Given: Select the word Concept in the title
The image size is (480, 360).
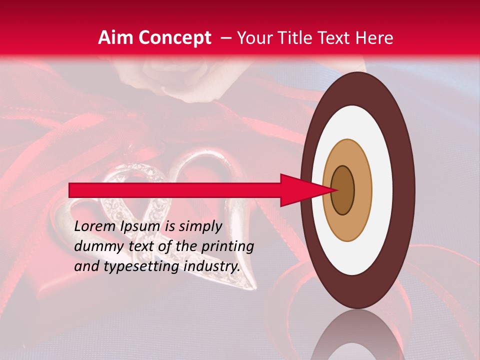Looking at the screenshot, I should pos(173,38).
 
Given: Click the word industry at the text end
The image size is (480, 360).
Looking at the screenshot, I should pos(211,266).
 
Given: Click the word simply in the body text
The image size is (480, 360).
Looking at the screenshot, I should pos(200,227).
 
